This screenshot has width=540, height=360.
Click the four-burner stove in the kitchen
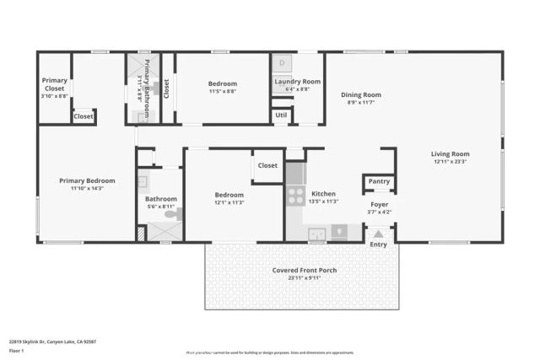click(295, 196)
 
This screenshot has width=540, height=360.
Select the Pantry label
click(379, 181)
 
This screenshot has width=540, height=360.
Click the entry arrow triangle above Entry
click(379, 234)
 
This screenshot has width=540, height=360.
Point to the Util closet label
click(281, 114)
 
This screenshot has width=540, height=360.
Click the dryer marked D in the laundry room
click(283, 63)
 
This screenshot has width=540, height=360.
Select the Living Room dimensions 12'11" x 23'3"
click(450, 161)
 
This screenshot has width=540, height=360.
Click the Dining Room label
click(361, 95)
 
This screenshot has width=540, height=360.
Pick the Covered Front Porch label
click(304, 271)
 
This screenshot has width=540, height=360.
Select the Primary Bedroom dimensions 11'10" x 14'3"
click(87, 188)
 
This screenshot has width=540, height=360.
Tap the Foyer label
click(379, 205)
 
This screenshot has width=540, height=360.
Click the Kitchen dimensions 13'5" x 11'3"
click(324, 201)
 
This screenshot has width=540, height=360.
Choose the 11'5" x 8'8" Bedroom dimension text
click(223, 91)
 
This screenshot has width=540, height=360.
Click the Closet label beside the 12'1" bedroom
click(267, 166)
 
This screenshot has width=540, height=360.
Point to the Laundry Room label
click(298, 81)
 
